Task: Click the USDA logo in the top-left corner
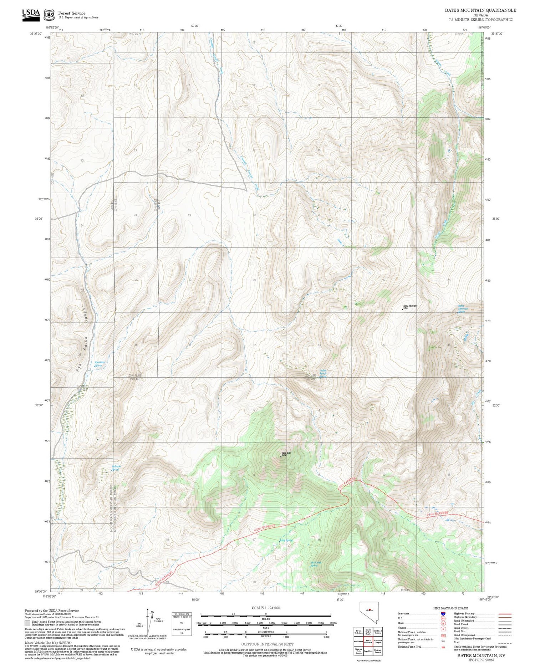31,15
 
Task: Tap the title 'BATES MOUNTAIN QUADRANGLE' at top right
480,10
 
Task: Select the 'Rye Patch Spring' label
100,364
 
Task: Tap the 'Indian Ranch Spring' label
323,373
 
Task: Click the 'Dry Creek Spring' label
316,564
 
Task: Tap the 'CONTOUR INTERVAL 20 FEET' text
267,644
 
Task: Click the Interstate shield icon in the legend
443,614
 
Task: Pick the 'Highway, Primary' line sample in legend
503,614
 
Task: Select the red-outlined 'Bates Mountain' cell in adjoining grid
368,641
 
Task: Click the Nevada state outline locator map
369,613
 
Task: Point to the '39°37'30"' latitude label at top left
36,34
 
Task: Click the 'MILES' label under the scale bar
266,619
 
